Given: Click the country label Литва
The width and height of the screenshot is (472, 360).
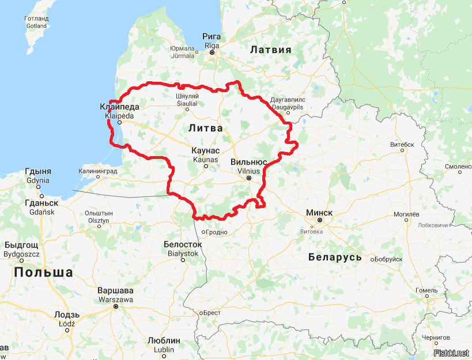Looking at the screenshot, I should point(205,128).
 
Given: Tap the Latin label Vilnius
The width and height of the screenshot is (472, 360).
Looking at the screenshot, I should point(248,170).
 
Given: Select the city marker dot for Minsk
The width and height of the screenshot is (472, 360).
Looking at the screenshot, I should point(319,220).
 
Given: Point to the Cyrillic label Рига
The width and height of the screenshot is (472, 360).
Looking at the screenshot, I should point(212,37).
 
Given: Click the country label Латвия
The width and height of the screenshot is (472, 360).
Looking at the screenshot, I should point(271,50).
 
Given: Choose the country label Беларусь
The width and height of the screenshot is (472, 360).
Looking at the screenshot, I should point(335,257).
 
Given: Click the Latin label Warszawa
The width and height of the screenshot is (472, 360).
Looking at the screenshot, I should point(116,300).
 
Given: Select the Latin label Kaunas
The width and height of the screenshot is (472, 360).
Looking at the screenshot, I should point(205,159).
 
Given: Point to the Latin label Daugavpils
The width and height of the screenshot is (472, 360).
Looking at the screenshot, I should point(287,107).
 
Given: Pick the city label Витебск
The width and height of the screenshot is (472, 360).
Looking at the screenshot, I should point(402,144).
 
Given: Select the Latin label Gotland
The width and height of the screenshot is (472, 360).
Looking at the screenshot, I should point(36,26).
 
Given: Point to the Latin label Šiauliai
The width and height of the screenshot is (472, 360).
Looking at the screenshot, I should point(187,104).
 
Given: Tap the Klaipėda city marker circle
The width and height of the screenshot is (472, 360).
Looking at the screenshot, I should point(120,122).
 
